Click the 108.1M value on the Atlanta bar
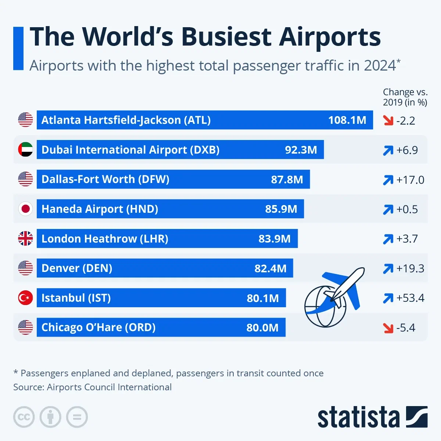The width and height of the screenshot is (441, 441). tap(347, 120)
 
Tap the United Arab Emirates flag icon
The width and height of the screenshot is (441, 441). tap(25, 150)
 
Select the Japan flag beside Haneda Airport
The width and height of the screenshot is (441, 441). tap(25, 209)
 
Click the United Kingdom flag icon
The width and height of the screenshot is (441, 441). tap(25, 239)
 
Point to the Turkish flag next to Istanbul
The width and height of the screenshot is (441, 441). tap(25, 298)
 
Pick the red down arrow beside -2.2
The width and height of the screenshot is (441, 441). tap(388, 121)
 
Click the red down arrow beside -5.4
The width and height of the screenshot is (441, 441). tap(388, 327)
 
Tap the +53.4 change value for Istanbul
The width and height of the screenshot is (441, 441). tap(410, 298)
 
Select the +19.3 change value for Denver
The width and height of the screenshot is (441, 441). tap(410, 268)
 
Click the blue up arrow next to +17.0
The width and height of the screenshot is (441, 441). tap(388, 180)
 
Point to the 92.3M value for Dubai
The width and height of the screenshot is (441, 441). tap(301, 150)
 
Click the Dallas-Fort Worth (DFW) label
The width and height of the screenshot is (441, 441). tap(105, 179)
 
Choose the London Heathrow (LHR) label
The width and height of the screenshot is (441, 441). tap(105, 239)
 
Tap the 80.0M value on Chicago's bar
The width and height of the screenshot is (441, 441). tap(262, 327)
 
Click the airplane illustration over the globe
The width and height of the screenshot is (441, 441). tap(344, 287)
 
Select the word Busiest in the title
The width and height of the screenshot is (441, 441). tap(227, 37)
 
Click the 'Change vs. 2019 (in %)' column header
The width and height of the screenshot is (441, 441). tap(405, 97)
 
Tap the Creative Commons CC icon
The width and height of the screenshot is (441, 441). tap(24, 417)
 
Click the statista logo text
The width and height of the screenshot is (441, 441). tap(358, 417)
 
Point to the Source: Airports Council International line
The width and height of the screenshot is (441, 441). tap(92, 387)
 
